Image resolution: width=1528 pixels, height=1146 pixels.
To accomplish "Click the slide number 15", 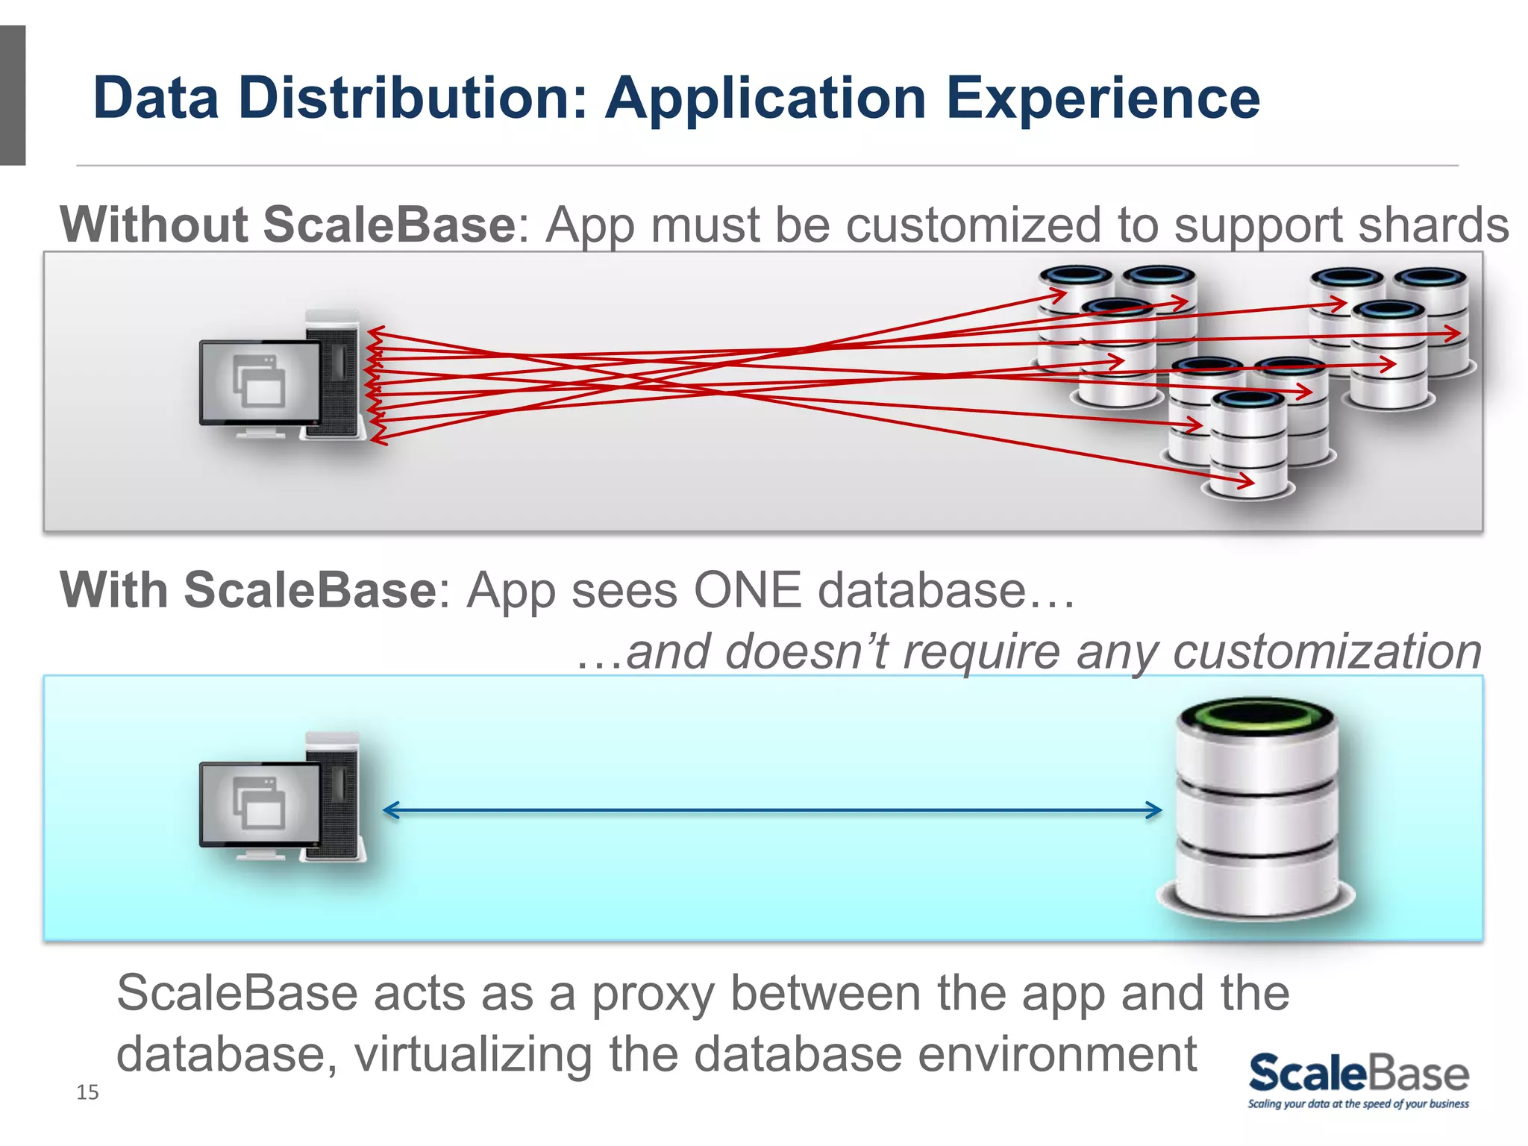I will coord(87,1092).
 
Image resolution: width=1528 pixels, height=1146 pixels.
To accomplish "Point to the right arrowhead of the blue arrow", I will coord(1156,810).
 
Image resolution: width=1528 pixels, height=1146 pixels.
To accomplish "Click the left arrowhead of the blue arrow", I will coord(390,810).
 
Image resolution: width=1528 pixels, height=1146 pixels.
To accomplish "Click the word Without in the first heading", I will coord(153,225).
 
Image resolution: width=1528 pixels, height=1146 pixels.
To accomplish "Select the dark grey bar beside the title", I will coord(13,95).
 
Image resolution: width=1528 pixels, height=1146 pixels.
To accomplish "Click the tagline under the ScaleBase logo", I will coord(1358,1103).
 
